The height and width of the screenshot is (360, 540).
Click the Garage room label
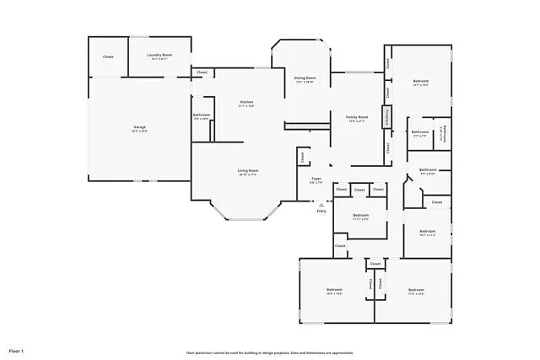point(139,127)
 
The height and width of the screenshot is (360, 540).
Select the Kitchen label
point(246,103)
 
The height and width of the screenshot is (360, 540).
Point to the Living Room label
point(247,171)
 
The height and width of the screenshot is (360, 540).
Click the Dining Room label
point(305,78)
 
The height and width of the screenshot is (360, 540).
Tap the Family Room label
point(357,117)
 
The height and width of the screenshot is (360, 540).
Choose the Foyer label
point(316,179)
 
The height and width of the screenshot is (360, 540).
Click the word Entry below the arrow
point(321,211)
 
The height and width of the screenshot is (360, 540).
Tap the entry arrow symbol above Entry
point(321,204)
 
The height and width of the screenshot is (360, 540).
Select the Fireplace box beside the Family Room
point(387,117)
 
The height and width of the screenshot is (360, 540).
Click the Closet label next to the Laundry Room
point(108,56)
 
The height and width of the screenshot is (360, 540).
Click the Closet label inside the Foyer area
point(302,157)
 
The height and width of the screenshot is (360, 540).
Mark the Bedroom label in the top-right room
point(421,82)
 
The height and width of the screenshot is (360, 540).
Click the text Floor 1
point(17,350)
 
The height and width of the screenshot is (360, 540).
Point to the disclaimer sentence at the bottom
point(270,352)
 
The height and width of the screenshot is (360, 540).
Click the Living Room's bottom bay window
point(246,220)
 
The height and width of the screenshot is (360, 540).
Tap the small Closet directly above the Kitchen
point(202,73)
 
